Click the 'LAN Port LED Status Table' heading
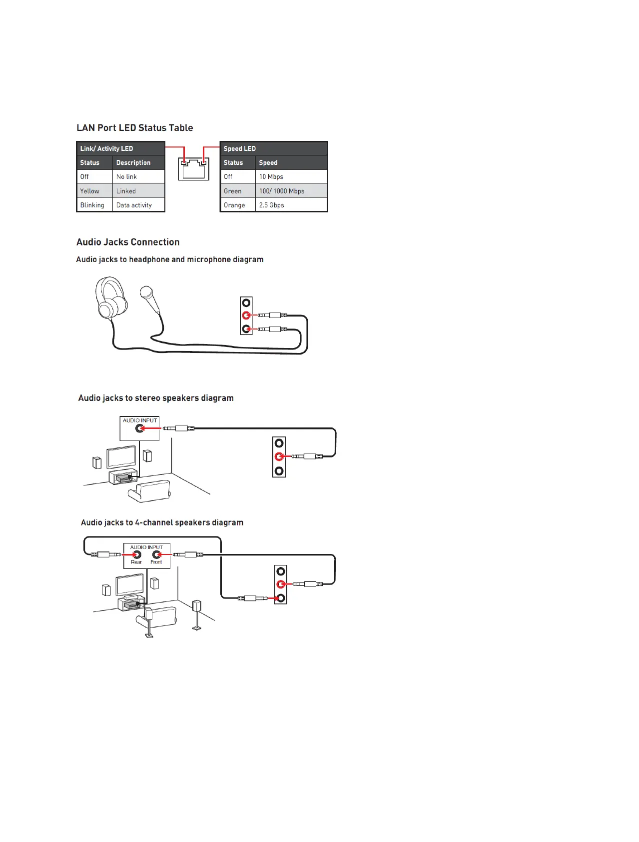point(134,128)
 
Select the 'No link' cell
point(126,177)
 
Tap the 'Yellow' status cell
point(90,191)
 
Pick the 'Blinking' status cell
point(92,205)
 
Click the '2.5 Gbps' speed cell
point(272,205)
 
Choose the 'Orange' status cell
point(234,205)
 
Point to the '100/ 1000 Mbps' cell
point(282,191)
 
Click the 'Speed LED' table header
point(240,148)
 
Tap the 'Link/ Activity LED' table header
point(107,148)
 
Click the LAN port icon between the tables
point(194,169)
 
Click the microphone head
point(147,292)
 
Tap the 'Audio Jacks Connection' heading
point(128,242)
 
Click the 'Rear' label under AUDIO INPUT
point(136,562)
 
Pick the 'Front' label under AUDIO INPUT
point(156,562)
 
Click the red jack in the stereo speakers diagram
point(279,456)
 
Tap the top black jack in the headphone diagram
point(246,303)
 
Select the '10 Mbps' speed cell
point(271,177)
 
